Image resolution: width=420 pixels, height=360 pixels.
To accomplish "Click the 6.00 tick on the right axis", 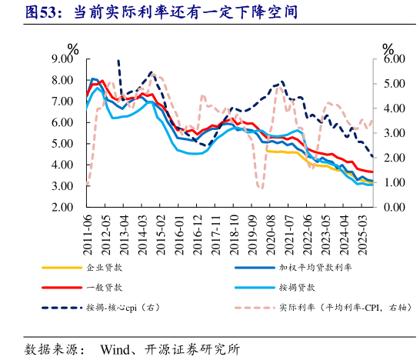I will click(394, 59).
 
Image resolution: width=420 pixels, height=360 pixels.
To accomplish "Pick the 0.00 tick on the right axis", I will click(394, 208).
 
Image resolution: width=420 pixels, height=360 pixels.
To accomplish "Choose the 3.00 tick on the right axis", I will click(394, 133).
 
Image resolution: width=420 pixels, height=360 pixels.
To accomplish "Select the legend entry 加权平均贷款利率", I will click(315, 268).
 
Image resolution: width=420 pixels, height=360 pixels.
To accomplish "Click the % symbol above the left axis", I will click(74, 49).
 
